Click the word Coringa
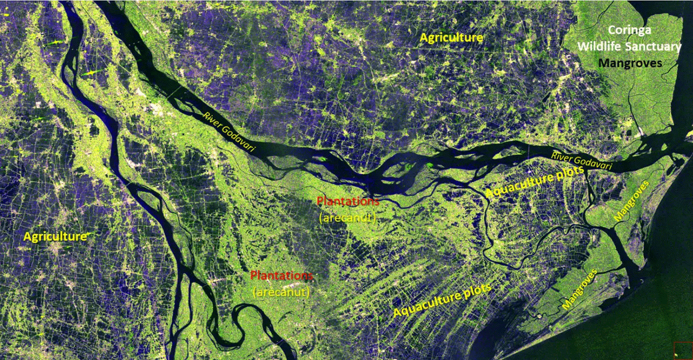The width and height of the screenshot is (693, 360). click(629, 30)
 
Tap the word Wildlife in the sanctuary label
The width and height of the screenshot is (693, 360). click(600, 47)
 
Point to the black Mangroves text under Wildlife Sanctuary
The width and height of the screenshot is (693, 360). click(630, 63)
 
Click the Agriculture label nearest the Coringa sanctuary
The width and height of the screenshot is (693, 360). click(451, 38)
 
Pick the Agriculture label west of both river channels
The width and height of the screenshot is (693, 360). click(55, 236)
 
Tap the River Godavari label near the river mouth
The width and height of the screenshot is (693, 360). click(581, 161)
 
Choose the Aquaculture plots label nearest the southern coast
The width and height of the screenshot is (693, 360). click(442, 300)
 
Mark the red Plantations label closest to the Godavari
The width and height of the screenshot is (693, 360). click(348, 201)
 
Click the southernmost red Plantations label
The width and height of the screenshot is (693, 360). click(282, 276)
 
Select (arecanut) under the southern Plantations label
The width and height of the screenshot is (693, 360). click(281, 292)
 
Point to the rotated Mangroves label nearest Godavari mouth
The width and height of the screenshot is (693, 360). click(631, 201)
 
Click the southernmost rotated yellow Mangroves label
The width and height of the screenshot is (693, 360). click(579, 289)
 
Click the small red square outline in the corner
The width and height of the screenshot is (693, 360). click(682, 350)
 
